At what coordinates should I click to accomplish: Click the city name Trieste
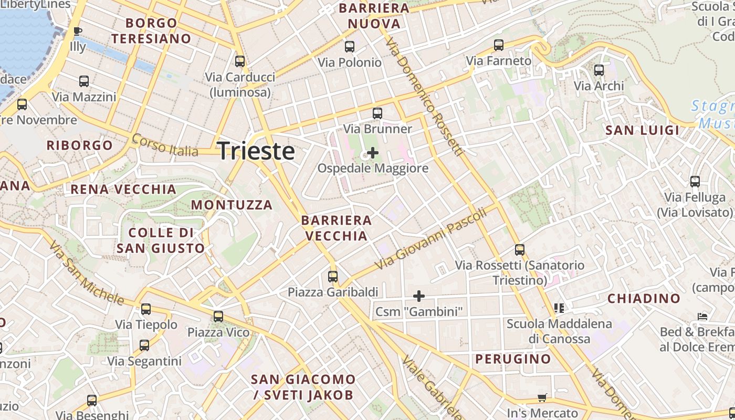click(256, 151)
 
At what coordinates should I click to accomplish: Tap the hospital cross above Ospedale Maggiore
click(373, 153)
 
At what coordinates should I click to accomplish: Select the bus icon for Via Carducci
click(240, 61)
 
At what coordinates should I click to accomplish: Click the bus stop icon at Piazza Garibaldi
click(333, 276)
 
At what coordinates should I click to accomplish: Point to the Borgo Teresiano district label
click(151, 30)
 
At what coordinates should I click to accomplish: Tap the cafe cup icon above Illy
click(78, 31)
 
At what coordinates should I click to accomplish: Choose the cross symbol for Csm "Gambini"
click(418, 296)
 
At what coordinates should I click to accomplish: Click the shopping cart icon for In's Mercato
click(542, 398)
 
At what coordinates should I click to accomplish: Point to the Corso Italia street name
click(165, 146)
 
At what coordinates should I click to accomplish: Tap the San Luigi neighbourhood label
click(642, 130)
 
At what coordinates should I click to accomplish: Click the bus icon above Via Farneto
click(499, 45)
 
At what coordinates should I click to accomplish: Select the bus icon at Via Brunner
click(377, 113)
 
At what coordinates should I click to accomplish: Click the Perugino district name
click(513, 359)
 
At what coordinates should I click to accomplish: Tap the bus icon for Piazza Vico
click(218, 317)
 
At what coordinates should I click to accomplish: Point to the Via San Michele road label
click(87, 274)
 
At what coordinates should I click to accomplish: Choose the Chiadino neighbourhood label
click(644, 299)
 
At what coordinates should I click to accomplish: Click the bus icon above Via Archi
click(598, 70)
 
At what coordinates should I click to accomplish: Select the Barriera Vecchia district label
click(337, 228)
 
